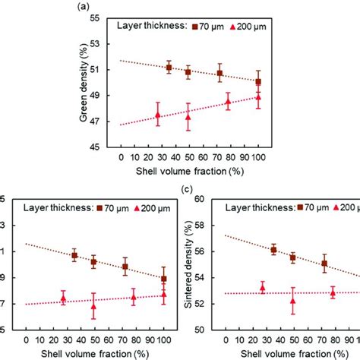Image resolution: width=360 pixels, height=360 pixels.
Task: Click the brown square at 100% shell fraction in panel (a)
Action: click(258, 81)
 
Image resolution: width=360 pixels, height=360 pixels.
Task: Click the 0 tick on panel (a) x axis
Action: click(121, 157)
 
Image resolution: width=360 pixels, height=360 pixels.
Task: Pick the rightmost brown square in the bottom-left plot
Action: click(164, 279)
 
